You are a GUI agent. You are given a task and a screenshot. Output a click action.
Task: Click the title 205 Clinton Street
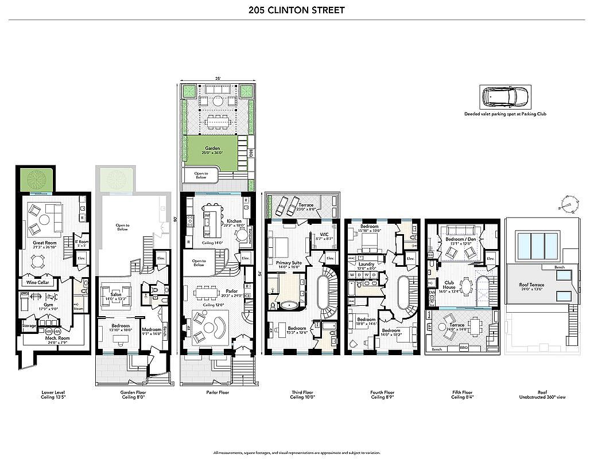click(x=297, y=10)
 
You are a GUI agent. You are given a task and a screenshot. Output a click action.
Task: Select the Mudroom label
click(x=152, y=330)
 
